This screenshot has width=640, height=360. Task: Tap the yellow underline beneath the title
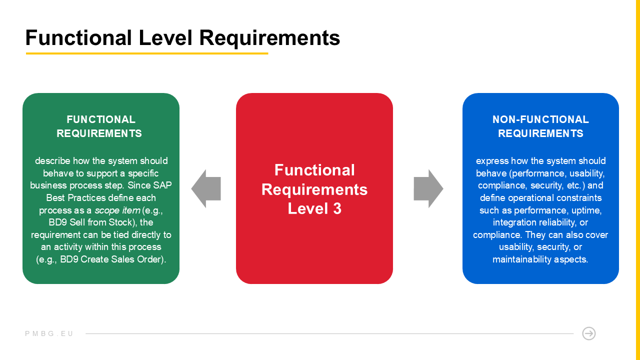[x=147, y=53]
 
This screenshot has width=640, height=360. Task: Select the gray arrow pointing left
[x=206, y=188]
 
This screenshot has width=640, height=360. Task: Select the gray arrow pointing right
[x=428, y=188]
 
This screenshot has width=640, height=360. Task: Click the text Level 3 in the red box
[x=314, y=208]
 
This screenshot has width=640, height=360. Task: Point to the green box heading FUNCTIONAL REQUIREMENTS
[x=101, y=126]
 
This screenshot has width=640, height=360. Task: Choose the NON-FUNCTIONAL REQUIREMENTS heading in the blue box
[x=540, y=126]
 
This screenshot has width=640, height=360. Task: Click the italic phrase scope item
[x=117, y=210]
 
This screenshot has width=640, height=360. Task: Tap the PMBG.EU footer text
[x=49, y=333]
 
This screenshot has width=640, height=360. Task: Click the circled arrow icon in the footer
[x=588, y=333]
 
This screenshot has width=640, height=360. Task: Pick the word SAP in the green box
[x=162, y=185]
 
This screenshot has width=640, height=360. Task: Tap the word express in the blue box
[x=490, y=161]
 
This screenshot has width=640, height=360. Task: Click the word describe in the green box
[x=52, y=161]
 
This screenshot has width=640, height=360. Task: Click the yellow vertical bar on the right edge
[x=637, y=180]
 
